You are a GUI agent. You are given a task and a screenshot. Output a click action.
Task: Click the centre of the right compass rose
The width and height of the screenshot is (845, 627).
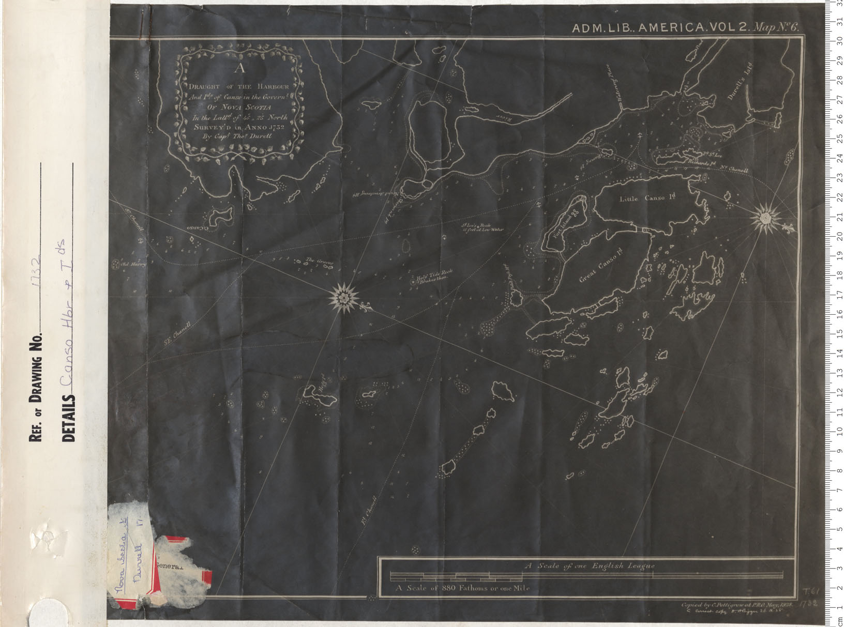(x=764, y=218)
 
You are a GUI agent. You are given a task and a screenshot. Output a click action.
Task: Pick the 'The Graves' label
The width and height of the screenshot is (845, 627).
(x=319, y=261)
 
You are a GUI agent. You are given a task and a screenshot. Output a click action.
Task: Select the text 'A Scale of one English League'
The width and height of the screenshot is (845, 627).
(x=590, y=565)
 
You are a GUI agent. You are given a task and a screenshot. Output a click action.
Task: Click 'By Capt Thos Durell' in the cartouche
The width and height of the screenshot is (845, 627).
(x=236, y=136)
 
